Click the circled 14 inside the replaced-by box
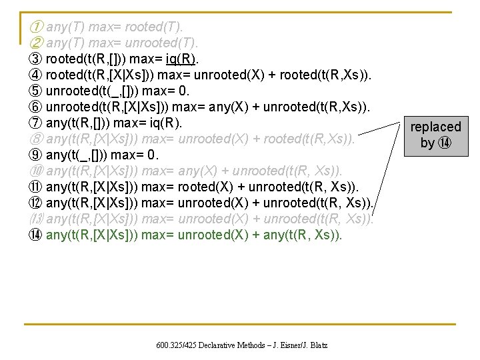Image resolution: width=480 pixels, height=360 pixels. (446, 143)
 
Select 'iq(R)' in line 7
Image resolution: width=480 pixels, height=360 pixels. (165, 123)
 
